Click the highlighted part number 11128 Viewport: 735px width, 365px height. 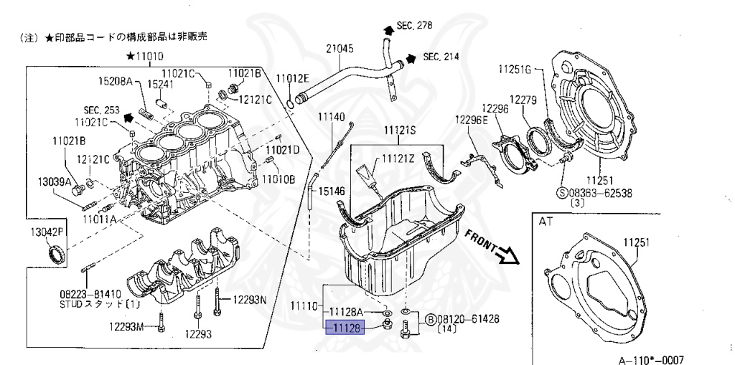click(345, 328)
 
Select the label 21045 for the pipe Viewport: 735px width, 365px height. click(341, 49)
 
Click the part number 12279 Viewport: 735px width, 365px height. click(524, 100)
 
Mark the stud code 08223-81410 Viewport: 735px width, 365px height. click(90, 294)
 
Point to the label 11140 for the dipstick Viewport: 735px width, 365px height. click(332, 117)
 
